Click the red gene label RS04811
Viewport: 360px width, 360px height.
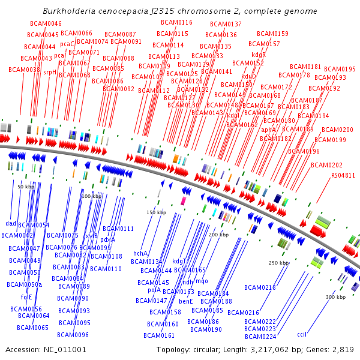coord(343,175)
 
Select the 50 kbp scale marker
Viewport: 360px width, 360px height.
coord(26,187)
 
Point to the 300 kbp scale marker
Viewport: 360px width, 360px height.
coord(335,297)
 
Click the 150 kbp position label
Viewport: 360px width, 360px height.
coord(156,212)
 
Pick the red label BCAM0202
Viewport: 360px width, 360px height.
coord(326,165)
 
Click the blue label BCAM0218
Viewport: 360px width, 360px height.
coord(260,287)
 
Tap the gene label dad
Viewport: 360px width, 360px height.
coord(11,223)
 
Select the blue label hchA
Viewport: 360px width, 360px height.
coord(140,253)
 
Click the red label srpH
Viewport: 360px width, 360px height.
coord(50,71)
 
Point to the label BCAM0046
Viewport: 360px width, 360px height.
coord(46,23)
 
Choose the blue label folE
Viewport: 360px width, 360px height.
coord(26,296)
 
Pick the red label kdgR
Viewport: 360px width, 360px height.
coord(258,55)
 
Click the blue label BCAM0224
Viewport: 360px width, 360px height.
coord(260,337)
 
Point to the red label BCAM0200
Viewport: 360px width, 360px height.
coord(337,130)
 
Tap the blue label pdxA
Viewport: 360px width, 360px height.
coord(108,239)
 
